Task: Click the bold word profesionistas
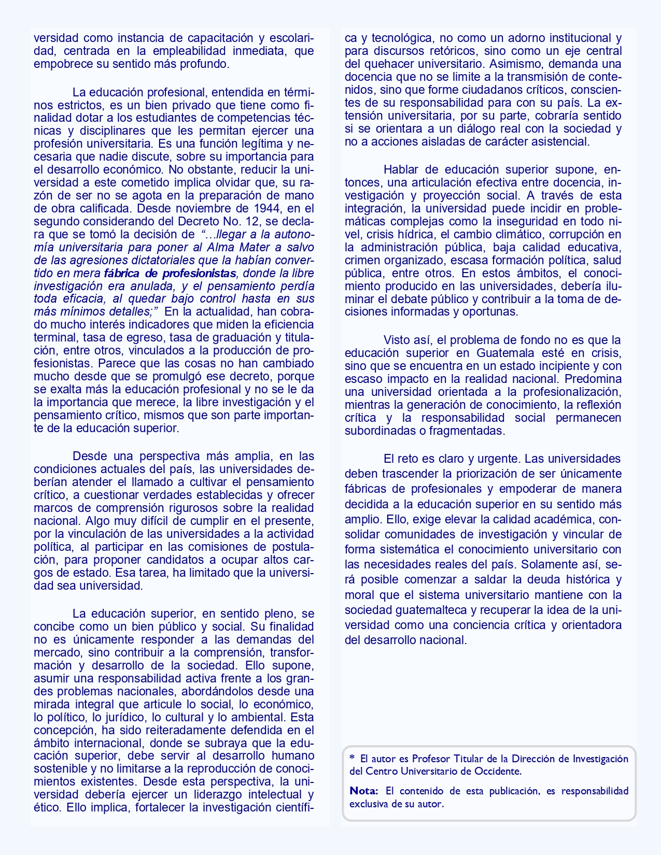tap(199, 273)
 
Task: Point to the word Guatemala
tap(501, 353)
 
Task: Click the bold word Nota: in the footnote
tap(364, 791)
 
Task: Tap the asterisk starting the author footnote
tap(352, 758)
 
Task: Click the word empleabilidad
tap(190, 51)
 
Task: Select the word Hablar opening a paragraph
tap(400, 169)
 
